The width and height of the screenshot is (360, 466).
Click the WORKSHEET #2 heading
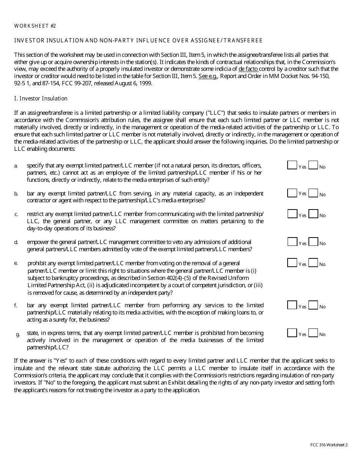pyautogui.click(x=35, y=26)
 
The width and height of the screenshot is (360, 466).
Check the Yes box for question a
pyautogui.click(x=292, y=165)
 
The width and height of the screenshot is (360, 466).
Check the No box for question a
pyautogui.click(x=313, y=165)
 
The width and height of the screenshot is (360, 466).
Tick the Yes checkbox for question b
pyautogui.click(x=292, y=193)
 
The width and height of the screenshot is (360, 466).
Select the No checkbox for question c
pyautogui.click(x=313, y=214)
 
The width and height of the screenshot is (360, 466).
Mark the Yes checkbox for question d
pyautogui.click(x=292, y=242)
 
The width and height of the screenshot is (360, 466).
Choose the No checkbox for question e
pyautogui.click(x=313, y=263)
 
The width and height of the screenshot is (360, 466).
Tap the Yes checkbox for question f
pyautogui.click(x=292, y=305)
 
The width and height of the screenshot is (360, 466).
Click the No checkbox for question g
pyautogui.click(x=313, y=333)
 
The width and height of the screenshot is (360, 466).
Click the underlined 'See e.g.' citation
pyautogui.click(x=208, y=76)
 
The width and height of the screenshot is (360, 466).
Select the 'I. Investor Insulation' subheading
pyautogui.click(x=41, y=99)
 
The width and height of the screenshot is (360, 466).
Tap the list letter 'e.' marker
pyautogui.click(x=16, y=263)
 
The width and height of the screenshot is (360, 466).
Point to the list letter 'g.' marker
pyautogui.click(x=18, y=334)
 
